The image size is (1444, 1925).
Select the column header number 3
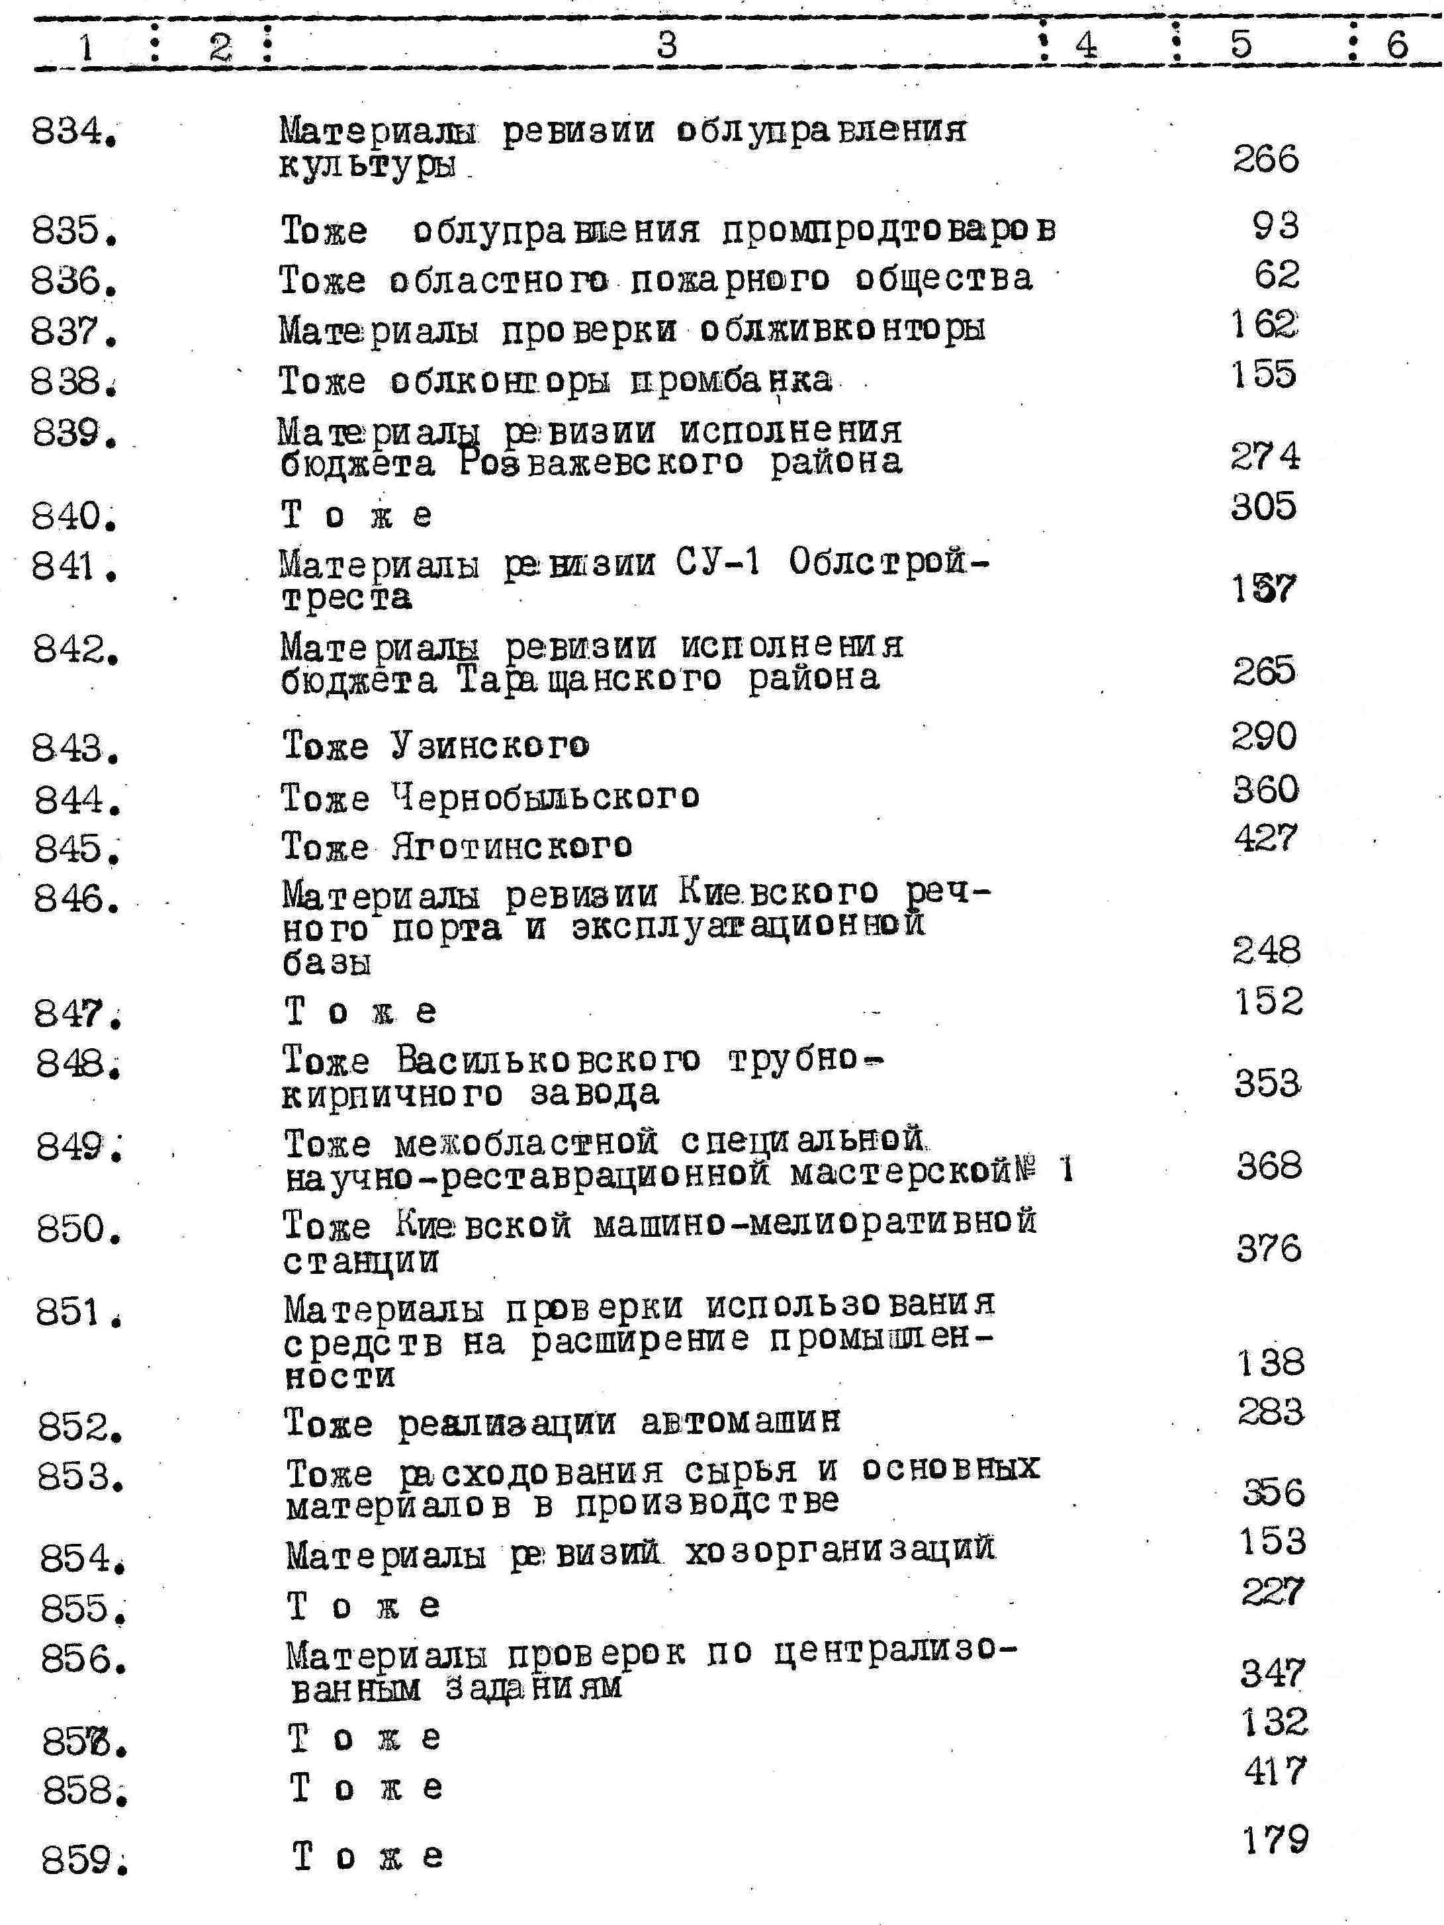coord(666,42)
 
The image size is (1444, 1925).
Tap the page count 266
coord(1265,160)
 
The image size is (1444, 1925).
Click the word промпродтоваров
coord(889,230)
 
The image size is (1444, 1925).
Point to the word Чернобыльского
coord(545,796)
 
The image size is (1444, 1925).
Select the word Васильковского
coord(549,1060)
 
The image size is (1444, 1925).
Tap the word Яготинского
coord(512,846)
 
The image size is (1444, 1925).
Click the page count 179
coord(1275,1839)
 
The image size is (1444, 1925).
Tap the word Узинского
coord(489,746)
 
